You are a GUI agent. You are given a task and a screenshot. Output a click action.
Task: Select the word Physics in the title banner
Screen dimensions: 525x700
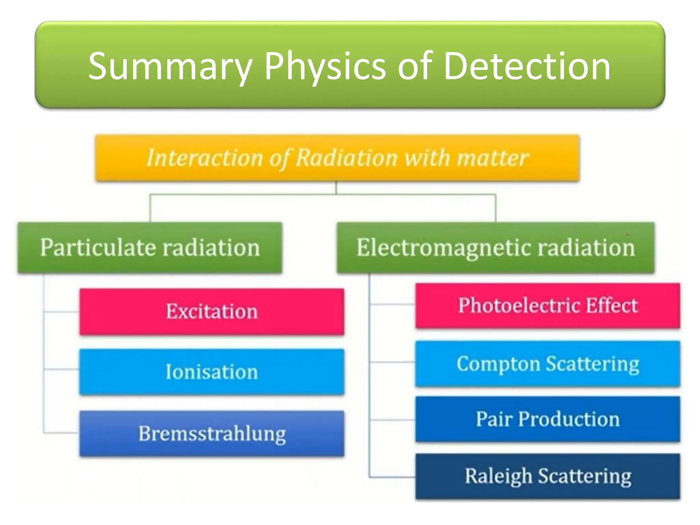(325, 67)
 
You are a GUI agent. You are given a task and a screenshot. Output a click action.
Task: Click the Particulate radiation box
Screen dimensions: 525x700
(150, 247)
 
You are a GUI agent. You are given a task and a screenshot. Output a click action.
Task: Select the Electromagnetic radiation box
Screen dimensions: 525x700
(495, 247)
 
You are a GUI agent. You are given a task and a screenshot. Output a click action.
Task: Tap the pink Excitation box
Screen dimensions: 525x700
(212, 311)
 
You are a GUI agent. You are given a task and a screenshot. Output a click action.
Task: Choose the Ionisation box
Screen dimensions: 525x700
(212, 372)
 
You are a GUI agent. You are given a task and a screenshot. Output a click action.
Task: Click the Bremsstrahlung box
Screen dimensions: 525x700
(212, 433)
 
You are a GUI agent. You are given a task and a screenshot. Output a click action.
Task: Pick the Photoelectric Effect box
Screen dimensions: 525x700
(548, 306)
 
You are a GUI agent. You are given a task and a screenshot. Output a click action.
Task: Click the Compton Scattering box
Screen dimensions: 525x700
(548, 364)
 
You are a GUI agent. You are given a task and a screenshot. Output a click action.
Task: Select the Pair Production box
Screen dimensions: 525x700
(548, 419)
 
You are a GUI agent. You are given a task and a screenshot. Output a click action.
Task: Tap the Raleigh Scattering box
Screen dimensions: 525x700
(548, 476)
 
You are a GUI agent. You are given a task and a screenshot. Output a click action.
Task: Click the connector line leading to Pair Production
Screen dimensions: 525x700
(392, 419)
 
